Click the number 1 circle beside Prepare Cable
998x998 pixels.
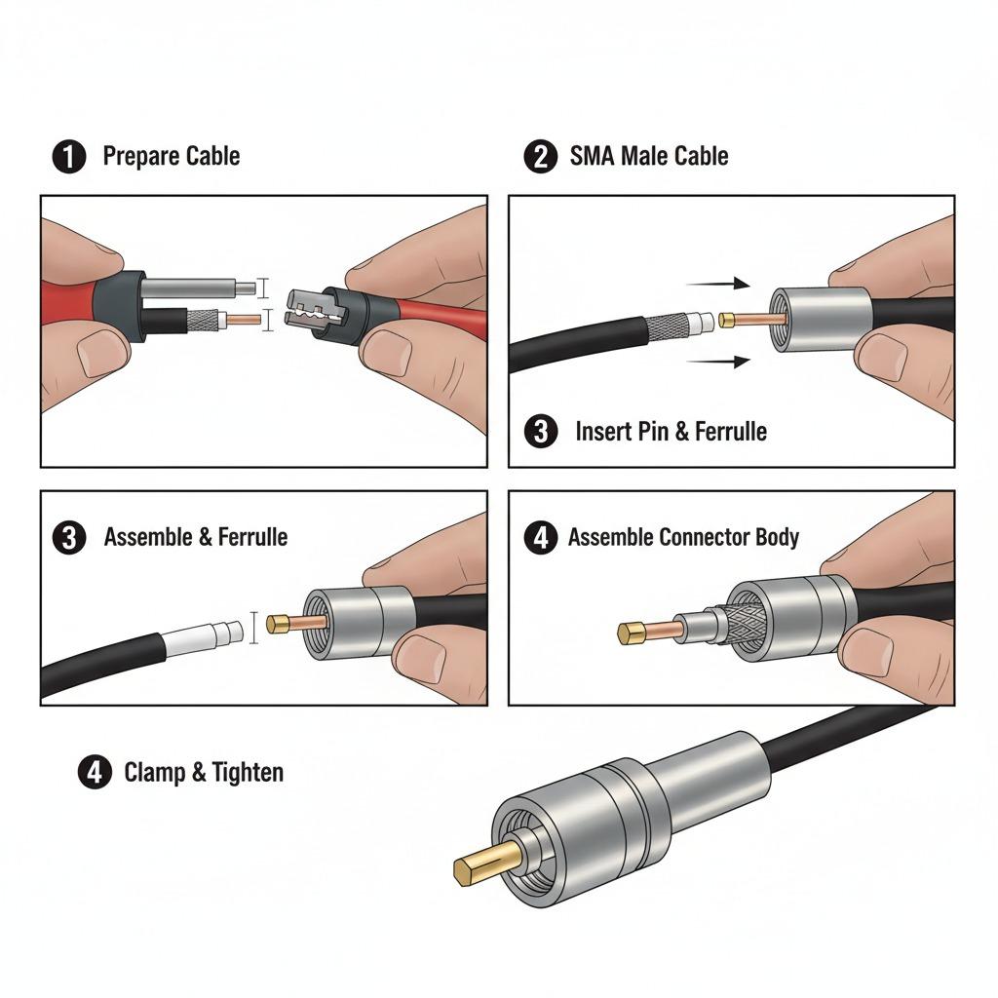point(68,156)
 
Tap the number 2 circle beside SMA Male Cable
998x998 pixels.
point(540,156)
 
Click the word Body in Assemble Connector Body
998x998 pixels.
point(776,537)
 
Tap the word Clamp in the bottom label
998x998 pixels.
point(154,773)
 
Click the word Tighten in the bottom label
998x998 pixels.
point(248,773)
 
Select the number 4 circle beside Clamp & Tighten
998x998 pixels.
point(94,773)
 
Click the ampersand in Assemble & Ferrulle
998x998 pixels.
point(198,537)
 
